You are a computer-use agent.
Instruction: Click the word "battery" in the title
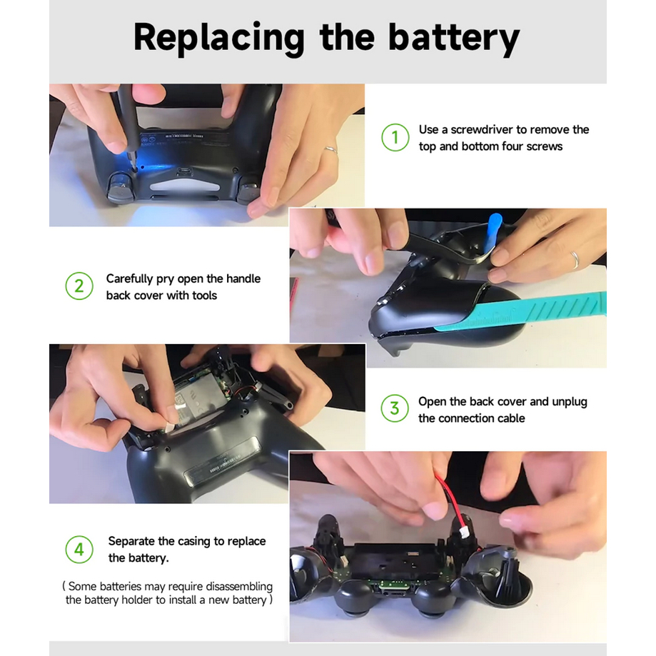coord(454,39)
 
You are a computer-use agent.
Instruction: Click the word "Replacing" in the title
coord(219,39)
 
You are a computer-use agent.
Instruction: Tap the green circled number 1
coord(395,138)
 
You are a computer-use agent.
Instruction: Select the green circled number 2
coord(79,286)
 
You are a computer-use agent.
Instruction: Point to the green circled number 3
coord(395,408)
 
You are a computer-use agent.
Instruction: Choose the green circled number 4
coord(79,550)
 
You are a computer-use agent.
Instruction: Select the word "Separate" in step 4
coord(131,541)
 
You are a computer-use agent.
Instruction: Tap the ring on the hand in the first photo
coord(331,150)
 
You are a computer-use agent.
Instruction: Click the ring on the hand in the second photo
coord(575,260)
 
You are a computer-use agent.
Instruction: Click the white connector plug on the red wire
coord(465,533)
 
